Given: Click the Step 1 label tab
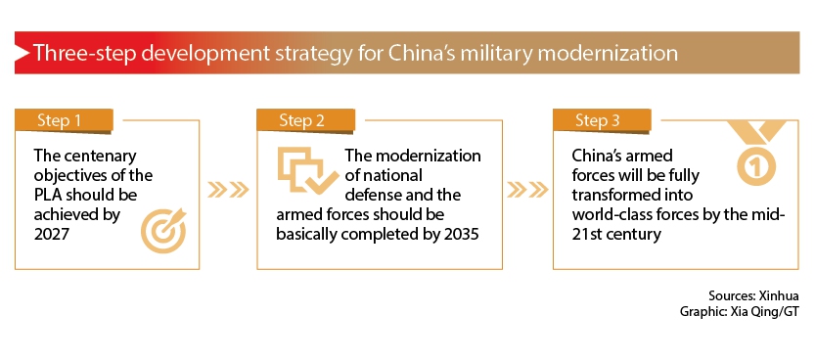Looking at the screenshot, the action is (x=64, y=121).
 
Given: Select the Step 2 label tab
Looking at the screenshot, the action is (x=305, y=121).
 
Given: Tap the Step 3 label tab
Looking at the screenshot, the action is (x=602, y=121).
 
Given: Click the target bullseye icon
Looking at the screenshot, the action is (x=163, y=231).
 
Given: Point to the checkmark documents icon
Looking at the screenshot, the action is (x=301, y=171).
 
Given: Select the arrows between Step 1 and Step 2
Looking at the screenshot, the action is (x=228, y=190).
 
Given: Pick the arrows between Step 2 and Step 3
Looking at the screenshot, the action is (x=527, y=190).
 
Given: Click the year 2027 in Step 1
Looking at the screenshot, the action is (x=52, y=234).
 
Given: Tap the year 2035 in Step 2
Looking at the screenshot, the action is (x=462, y=234).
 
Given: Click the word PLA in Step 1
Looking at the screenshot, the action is (x=47, y=195).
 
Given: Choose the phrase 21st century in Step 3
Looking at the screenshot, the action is (x=616, y=234).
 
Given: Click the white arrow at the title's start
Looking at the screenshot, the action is (x=22, y=53).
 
